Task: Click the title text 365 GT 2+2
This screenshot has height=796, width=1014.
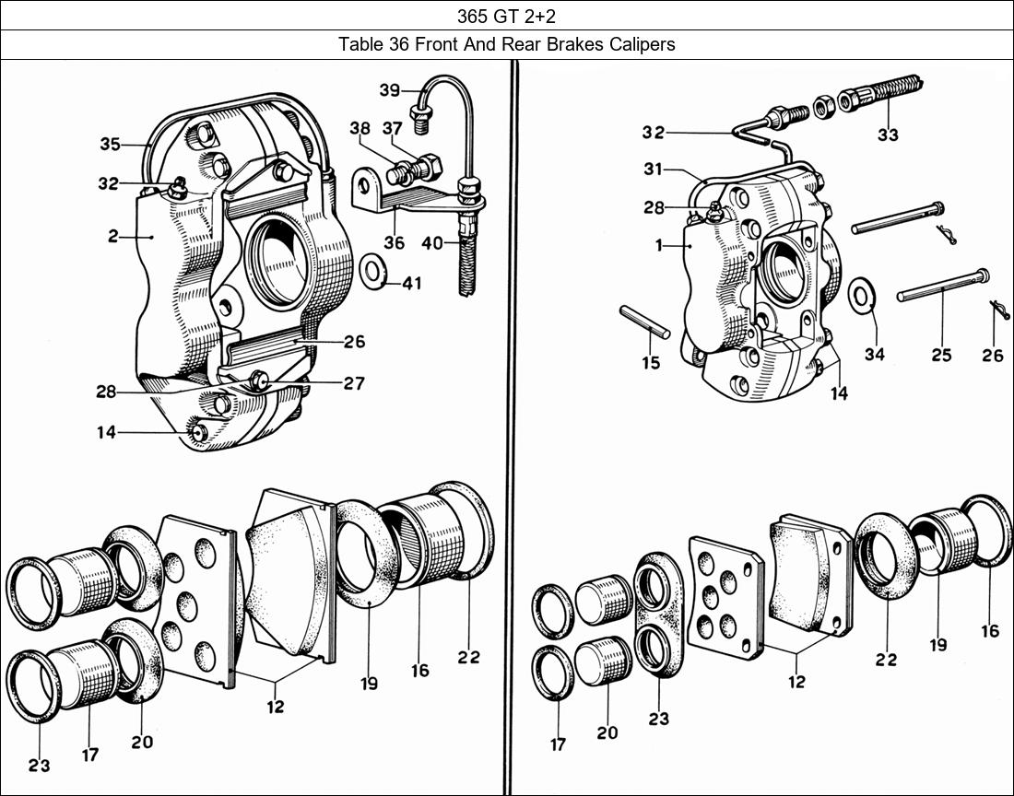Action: pyautogui.click(x=506, y=16)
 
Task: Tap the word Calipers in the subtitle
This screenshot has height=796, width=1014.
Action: pyautogui.click(x=638, y=44)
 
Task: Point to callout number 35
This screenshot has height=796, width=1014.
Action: pyautogui.click(x=111, y=144)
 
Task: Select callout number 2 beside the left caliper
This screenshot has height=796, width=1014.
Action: pyautogui.click(x=112, y=237)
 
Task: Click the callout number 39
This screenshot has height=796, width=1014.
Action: pyautogui.click(x=389, y=89)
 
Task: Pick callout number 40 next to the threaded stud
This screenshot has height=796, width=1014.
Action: pyautogui.click(x=432, y=244)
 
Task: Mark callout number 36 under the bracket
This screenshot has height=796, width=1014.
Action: pyautogui.click(x=395, y=243)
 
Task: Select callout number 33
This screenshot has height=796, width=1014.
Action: pyautogui.click(x=887, y=135)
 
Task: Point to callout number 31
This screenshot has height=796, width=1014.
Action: pyautogui.click(x=653, y=170)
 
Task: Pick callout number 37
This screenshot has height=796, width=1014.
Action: pyautogui.click(x=393, y=129)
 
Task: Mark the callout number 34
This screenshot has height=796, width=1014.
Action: pyautogui.click(x=874, y=354)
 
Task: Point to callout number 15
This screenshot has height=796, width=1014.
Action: pyautogui.click(x=651, y=362)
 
